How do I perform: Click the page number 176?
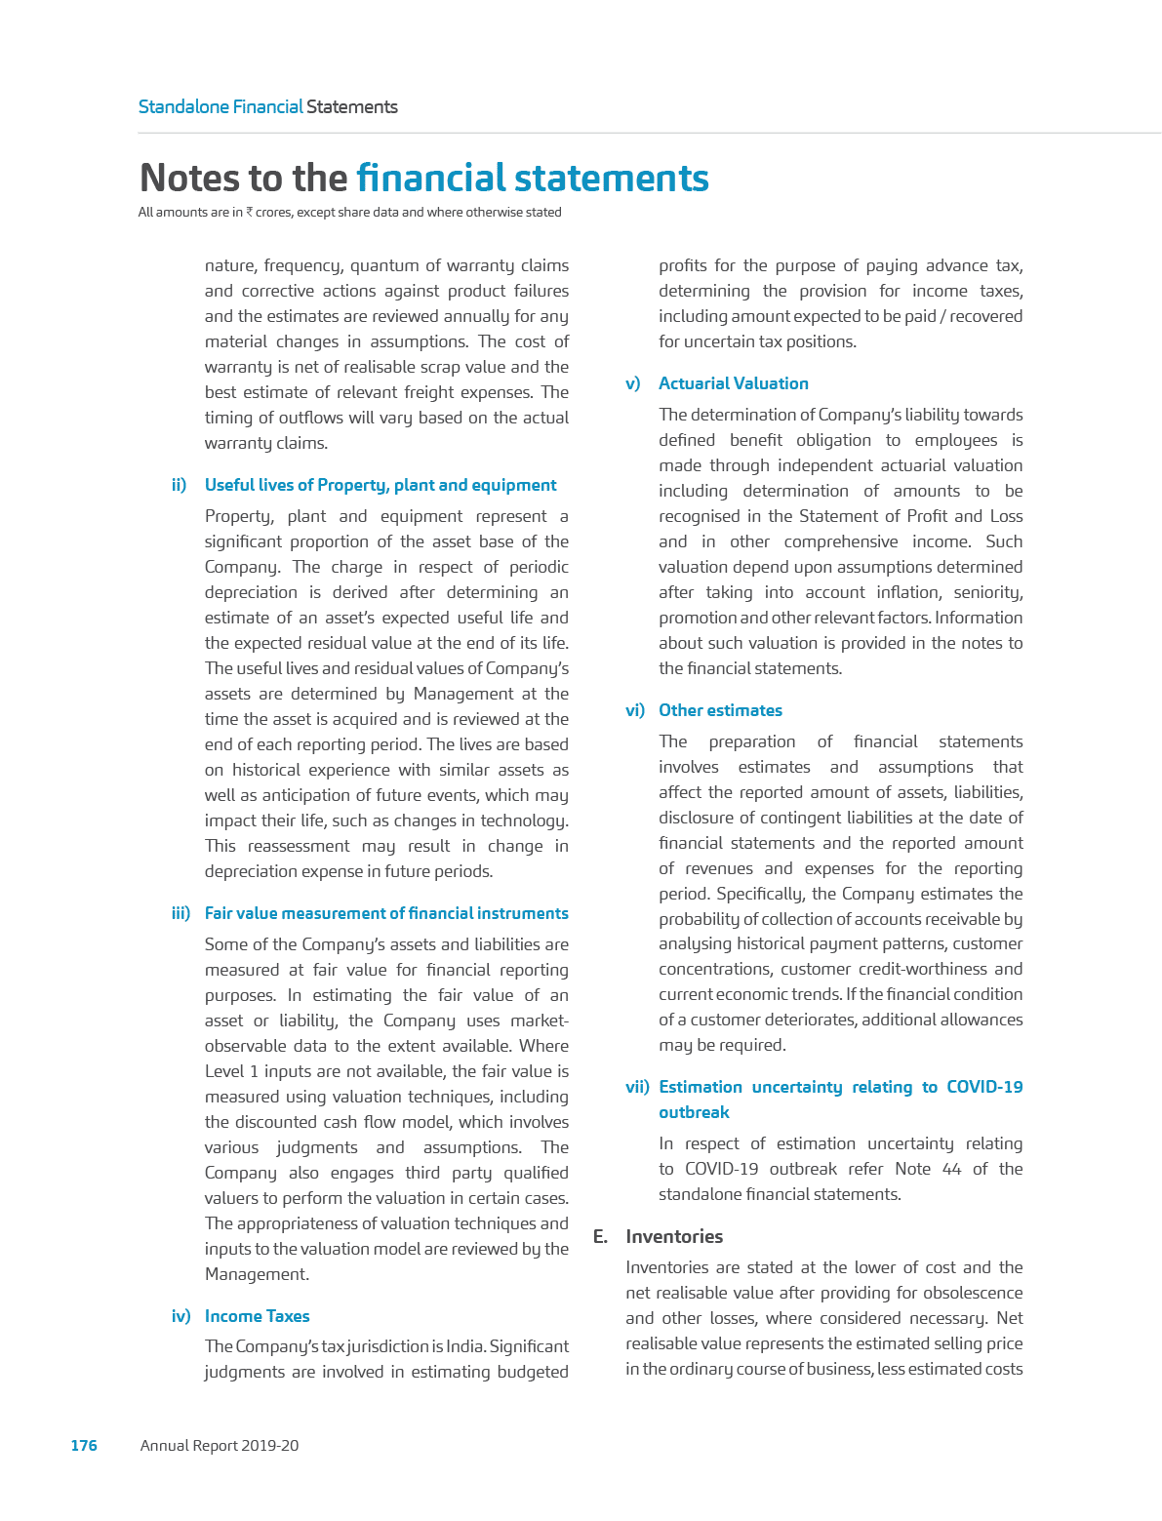click(84, 1446)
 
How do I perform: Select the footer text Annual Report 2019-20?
click(220, 1446)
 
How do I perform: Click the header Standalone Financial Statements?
click(267, 107)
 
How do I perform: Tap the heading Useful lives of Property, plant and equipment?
click(381, 486)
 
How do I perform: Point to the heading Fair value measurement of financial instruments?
click(386, 914)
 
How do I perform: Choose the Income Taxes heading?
click(257, 1317)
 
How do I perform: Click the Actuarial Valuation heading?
click(733, 384)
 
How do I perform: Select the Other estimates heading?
click(720, 711)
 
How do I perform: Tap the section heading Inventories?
click(674, 1237)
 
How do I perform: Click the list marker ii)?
click(180, 486)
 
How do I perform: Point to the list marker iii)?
click(180, 914)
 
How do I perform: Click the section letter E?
click(600, 1237)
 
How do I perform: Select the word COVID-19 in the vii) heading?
click(984, 1088)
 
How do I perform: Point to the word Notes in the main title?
click(191, 179)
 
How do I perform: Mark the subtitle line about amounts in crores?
click(349, 213)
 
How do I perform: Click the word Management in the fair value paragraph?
click(256, 1274)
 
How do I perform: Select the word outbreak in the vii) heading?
click(694, 1113)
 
